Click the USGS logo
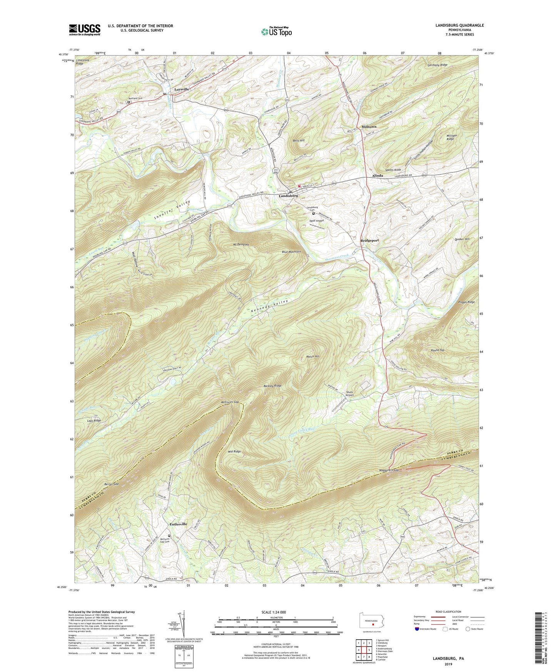[85, 30]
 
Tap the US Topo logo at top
[276, 31]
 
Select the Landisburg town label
[288, 196]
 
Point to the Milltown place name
[369, 127]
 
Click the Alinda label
[377, 176]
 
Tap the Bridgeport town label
[369, 240]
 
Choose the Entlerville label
[179, 524]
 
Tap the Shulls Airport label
[349, 394]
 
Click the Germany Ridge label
[437, 65]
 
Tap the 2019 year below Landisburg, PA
[448, 664]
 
